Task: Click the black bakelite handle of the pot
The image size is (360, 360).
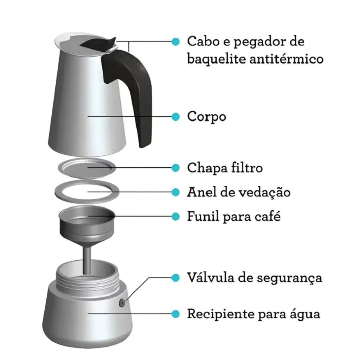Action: pyautogui.click(x=140, y=92)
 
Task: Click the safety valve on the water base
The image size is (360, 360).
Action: pyautogui.click(x=122, y=303)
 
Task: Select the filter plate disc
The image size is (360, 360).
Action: pyautogui.click(x=87, y=168)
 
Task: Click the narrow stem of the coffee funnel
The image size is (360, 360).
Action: pyautogui.click(x=87, y=260)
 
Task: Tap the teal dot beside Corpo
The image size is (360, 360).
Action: pyautogui.click(x=176, y=117)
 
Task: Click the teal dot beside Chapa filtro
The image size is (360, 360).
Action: pyautogui.click(x=176, y=168)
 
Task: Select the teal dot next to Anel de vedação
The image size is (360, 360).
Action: pyautogui.click(x=176, y=192)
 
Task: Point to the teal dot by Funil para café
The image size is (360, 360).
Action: pyautogui.click(x=176, y=216)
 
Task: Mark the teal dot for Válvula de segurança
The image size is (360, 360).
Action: pyautogui.click(x=176, y=278)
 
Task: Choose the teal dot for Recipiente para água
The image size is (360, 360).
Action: pyautogui.click(x=176, y=314)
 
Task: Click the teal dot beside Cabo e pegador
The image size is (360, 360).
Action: pyautogui.click(x=176, y=42)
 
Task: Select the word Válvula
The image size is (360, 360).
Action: pyautogui.click(x=211, y=277)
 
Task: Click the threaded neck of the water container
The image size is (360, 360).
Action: pyautogui.click(x=88, y=279)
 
